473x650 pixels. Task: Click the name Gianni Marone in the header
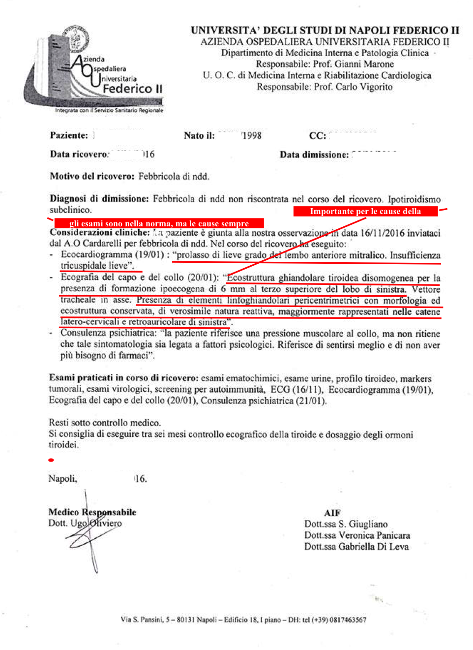coord(364,64)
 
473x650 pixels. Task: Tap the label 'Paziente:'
coord(69,135)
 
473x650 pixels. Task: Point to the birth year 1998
coord(252,136)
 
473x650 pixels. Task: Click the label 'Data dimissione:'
coord(314,155)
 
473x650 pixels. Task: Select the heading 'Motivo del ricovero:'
coord(92,176)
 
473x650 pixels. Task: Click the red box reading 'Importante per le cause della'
coord(365,212)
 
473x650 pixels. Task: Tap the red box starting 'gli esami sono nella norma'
coord(159,223)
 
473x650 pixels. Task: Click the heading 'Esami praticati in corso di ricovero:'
coord(123,378)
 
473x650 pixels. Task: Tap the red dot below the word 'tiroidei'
coord(51,460)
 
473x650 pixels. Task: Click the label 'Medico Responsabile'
coord(92,512)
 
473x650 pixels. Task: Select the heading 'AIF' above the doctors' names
coord(332,513)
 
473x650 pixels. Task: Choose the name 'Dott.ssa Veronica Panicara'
coord(357,535)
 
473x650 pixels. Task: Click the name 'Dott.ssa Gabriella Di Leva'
coord(356,547)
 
